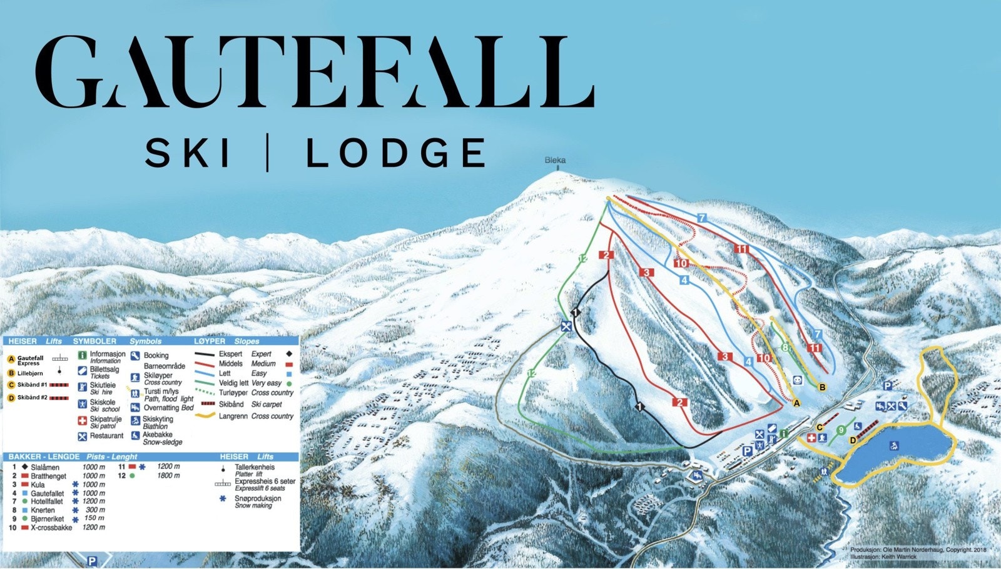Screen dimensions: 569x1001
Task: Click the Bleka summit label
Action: coord(555,161)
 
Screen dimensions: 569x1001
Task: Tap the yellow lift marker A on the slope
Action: coord(796,403)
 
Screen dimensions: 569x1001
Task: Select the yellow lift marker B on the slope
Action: coord(823,387)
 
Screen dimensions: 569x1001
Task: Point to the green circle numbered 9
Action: coord(841,430)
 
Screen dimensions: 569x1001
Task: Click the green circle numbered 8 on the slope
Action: coord(785,348)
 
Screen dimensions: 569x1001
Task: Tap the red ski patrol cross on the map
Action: coord(812,438)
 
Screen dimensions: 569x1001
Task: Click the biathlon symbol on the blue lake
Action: coord(895,445)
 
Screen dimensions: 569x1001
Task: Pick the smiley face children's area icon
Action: coord(798,380)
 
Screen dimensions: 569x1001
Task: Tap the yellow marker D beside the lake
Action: coord(853,440)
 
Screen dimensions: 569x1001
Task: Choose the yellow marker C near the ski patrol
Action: coord(820,428)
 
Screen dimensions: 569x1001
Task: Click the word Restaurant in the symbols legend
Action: coord(106,436)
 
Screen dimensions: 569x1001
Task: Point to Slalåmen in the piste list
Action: coord(45,467)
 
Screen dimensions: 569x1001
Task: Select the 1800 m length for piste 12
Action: coord(168,476)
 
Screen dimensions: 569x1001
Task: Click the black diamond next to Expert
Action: coord(289,354)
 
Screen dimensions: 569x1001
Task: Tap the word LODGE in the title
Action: coord(396,154)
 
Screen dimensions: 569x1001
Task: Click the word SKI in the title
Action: coord(188,154)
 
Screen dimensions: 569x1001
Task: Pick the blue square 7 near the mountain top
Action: coord(702,218)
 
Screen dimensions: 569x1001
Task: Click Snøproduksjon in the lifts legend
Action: coord(258,498)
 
